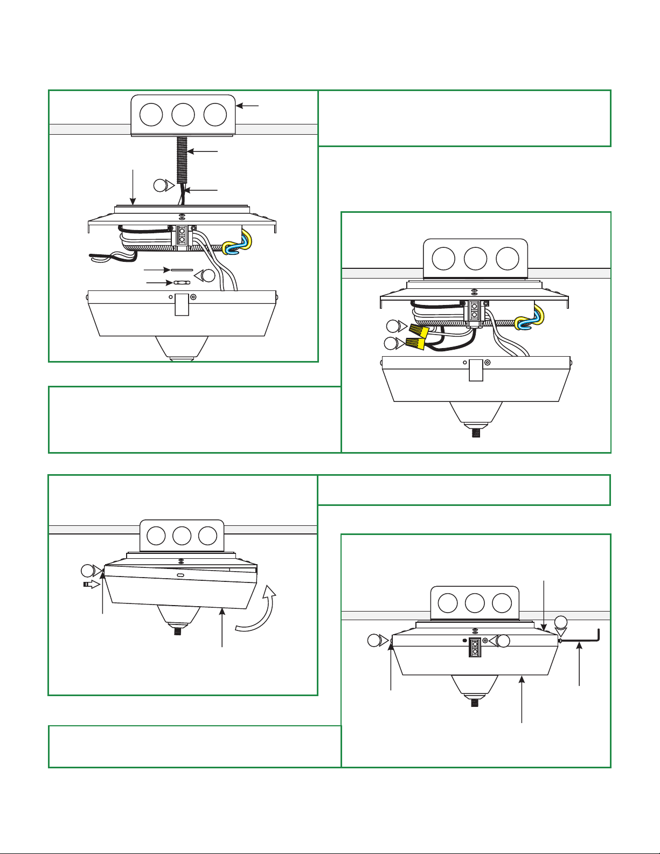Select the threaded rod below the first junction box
(182, 159)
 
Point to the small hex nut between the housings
(182, 282)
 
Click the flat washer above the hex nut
(182, 269)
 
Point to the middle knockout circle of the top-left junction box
(183, 115)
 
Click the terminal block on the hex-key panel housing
(475, 647)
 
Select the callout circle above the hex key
(561, 621)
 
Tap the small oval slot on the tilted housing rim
(180, 575)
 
